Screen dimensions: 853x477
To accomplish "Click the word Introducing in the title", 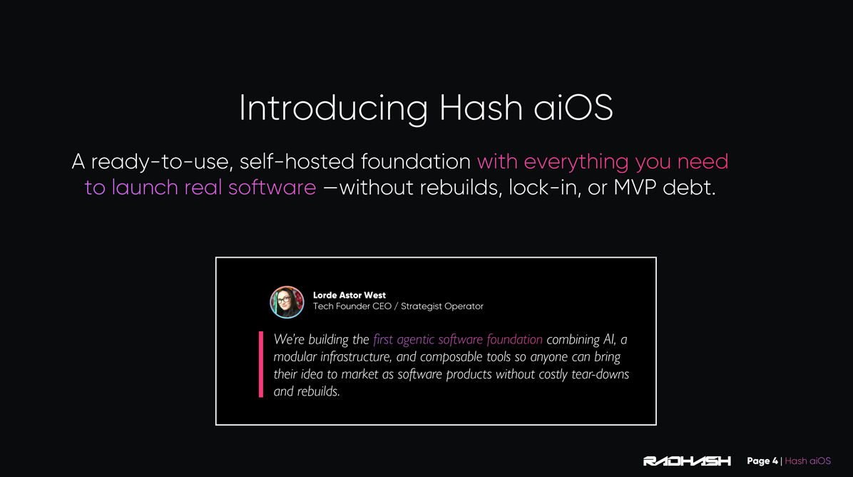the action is tap(334, 108).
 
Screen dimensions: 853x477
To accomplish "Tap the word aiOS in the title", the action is tap(573, 107).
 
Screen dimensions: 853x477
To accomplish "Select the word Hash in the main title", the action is tap(481, 107).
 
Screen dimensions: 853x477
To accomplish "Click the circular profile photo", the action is tap(287, 302).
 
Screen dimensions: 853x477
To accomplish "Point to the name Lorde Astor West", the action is tap(349, 295).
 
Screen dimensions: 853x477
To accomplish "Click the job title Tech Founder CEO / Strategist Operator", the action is tap(398, 306).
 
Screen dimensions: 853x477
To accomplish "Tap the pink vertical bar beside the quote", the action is tap(261, 364).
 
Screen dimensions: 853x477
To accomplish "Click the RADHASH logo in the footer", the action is tap(687, 461).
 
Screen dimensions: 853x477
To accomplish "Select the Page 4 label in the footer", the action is tap(762, 461).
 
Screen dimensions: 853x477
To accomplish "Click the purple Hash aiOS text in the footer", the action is tap(808, 461).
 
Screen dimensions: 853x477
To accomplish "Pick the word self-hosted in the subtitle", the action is tap(297, 161).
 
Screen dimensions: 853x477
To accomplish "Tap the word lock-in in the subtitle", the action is tap(545, 188).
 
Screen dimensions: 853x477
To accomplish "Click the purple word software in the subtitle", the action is tap(272, 188).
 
